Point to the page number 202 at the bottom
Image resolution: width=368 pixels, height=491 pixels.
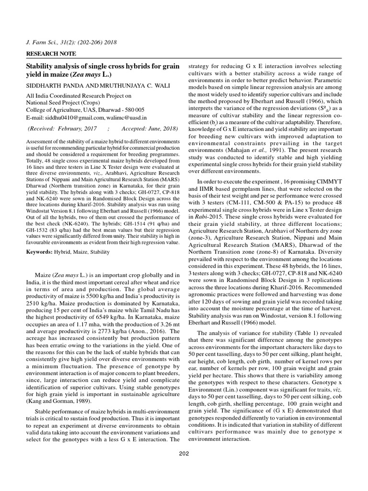(x=184, y=453)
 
